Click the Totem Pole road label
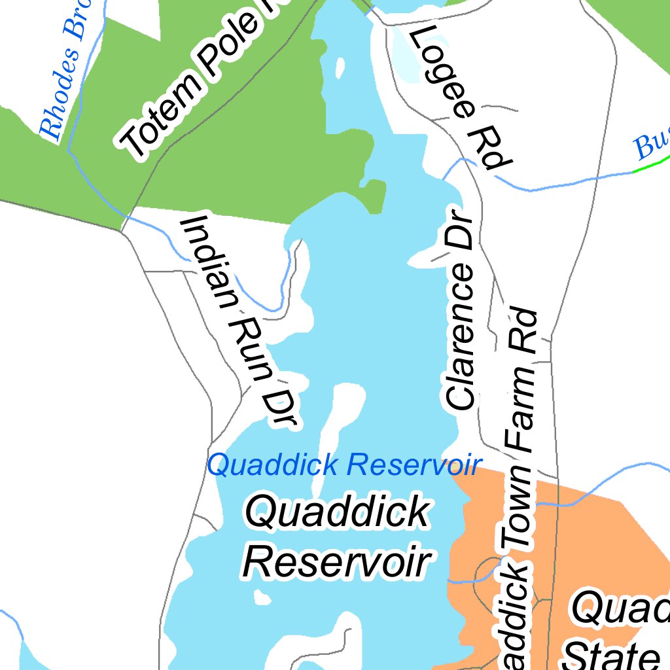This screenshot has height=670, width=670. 196,79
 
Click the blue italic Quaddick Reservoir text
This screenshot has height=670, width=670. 344,465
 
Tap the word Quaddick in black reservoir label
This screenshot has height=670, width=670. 338,511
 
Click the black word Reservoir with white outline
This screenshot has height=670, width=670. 338,561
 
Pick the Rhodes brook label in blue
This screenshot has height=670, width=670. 65,72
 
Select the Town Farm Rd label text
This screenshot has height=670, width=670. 521,484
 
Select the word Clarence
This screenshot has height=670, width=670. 459,334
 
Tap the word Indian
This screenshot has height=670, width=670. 209,262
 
